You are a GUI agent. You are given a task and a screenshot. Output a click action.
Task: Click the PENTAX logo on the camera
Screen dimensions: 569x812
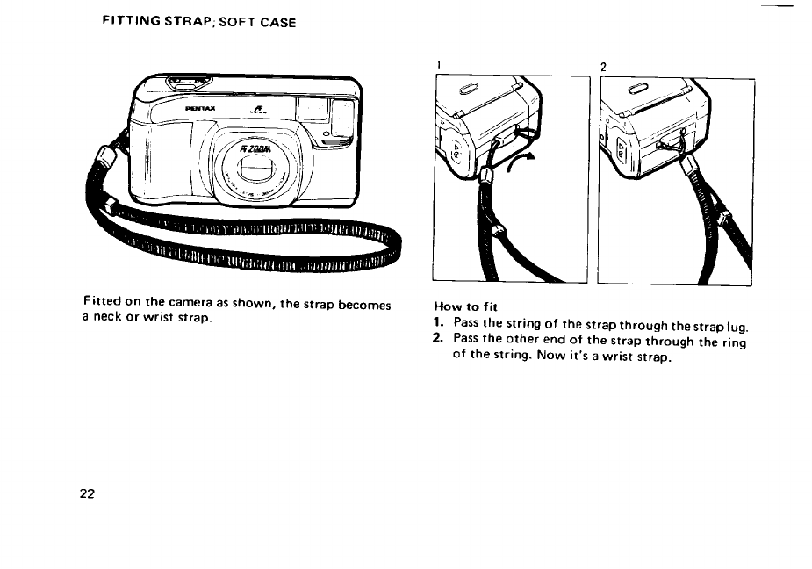tap(201, 110)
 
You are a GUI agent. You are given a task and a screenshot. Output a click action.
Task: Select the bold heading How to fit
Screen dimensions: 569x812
tap(466, 307)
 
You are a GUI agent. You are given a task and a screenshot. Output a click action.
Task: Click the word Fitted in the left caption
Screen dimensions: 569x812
tap(103, 304)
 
